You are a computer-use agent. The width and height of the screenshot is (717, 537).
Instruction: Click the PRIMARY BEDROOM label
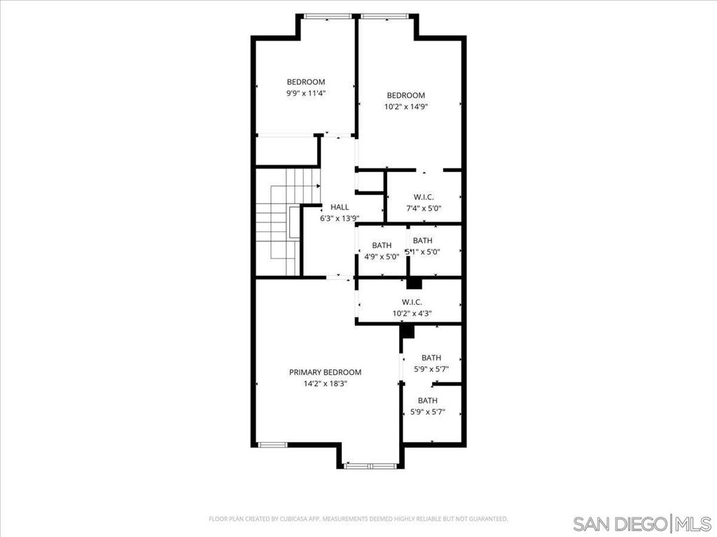[325, 372]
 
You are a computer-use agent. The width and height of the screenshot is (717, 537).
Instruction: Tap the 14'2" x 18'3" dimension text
[325, 383]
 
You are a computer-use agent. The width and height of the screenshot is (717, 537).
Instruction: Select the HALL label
[340, 207]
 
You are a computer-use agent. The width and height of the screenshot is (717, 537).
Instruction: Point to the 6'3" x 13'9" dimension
[340, 218]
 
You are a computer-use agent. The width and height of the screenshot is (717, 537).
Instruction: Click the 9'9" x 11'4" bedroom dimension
[306, 92]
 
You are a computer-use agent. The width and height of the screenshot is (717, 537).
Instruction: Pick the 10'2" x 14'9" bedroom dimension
[406, 107]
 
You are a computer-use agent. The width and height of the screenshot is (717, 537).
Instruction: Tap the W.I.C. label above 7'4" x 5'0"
[424, 197]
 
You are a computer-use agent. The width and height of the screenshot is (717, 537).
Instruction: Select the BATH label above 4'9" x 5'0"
[382, 245]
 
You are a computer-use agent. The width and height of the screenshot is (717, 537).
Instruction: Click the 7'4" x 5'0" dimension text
[424, 208]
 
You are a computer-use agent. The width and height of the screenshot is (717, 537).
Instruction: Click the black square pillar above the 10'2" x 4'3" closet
[415, 283]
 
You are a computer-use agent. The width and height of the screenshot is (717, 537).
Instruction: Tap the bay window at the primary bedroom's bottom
[371, 465]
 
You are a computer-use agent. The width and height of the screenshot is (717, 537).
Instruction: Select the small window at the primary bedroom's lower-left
[272, 444]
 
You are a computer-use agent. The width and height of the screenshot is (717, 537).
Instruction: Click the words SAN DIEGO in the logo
[620, 524]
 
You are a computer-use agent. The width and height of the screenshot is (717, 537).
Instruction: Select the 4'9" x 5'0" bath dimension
[382, 257]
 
